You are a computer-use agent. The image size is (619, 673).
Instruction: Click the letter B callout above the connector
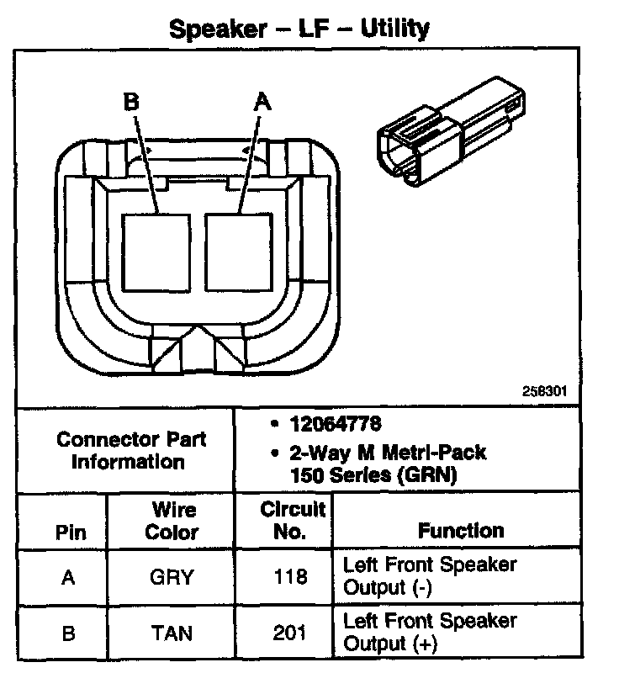pos(130,103)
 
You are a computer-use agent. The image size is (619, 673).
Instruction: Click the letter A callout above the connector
pos(262,103)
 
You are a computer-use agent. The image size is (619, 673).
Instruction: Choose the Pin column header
pos(70,532)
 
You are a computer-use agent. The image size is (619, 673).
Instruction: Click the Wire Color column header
pos(172,521)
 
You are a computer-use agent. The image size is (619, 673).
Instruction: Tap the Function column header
pos(461,531)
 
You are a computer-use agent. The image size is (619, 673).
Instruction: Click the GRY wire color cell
pos(172,577)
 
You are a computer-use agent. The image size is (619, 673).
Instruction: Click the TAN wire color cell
pos(172,633)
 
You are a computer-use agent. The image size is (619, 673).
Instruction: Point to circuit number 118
pos(290,577)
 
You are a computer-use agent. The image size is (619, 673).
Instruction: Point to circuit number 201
pos(290,633)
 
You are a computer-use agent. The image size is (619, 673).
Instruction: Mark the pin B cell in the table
pos(70,633)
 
